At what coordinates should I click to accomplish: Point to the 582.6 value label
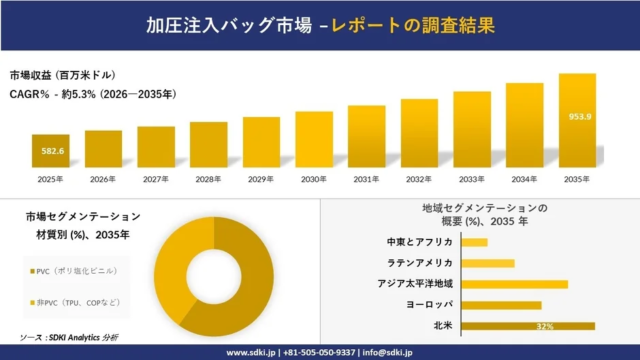coord(50,151)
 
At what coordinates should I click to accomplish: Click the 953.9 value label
coord(577,115)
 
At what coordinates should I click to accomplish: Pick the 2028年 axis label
coord(208,179)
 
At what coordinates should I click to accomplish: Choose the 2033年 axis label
coord(472,179)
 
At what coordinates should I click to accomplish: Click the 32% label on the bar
coord(544,326)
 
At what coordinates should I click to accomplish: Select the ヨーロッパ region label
coord(429,305)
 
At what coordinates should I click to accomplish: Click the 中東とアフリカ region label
coord(419,242)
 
